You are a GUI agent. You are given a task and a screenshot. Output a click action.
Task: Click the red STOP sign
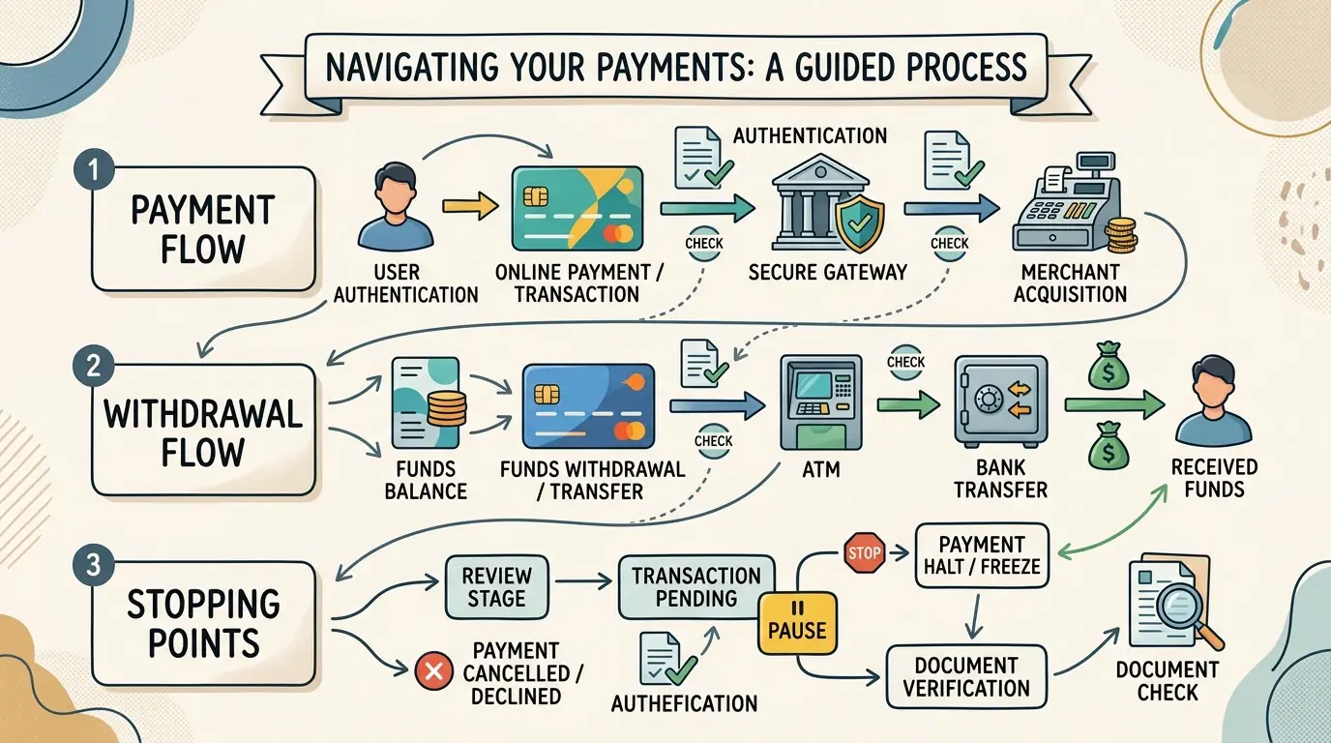pyautogui.click(x=864, y=552)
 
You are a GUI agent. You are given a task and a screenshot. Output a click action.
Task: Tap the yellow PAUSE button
pyautogui.click(x=797, y=623)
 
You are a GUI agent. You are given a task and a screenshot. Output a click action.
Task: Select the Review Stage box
pyautogui.click(x=497, y=586)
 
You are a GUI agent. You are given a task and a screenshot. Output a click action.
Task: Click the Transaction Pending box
pyautogui.click(x=696, y=586)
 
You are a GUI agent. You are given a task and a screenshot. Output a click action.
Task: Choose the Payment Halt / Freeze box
pyautogui.click(x=982, y=555)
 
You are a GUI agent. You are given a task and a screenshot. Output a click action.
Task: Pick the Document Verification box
pyautogui.click(x=966, y=676)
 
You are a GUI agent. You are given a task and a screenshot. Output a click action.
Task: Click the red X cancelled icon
pyautogui.click(x=433, y=671)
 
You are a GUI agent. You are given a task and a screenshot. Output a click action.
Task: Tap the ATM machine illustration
pyautogui.click(x=821, y=403)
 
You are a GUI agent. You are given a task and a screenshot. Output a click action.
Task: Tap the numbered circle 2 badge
pyautogui.click(x=93, y=366)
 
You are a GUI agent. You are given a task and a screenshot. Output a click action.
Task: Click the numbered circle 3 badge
pyautogui.click(x=93, y=564)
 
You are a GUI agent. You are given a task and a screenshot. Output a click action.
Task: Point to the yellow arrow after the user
pyautogui.click(x=470, y=206)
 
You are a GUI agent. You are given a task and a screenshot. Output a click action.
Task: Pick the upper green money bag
pyautogui.click(x=1109, y=366)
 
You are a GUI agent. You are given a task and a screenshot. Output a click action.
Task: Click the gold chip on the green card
pyautogui.click(x=536, y=196)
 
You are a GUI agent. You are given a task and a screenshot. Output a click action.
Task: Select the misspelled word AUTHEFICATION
pyautogui.click(x=684, y=703)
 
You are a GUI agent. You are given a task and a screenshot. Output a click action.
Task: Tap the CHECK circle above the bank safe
pyautogui.click(x=905, y=362)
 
